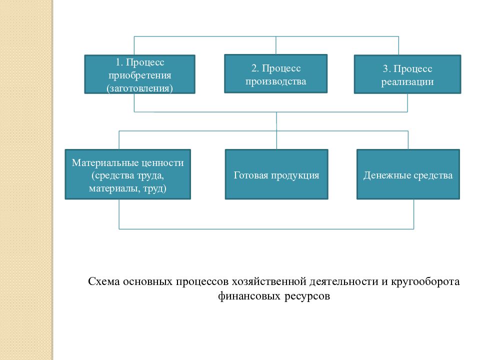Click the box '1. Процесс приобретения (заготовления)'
(x=139, y=74)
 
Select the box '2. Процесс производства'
(x=276, y=74)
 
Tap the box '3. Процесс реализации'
(x=407, y=74)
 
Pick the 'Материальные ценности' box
(x=127, y=174)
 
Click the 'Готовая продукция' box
(x=276, y=174)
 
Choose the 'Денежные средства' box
(x=408, y=174)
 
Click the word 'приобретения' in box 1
(x=139, y=75)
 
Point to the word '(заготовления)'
(x=139, y=88)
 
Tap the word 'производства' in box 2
(x=276, y=81)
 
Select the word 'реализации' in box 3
(x=407, y=82)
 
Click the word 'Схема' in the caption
(x=104, y=281)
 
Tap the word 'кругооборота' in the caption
(x=425, y=281)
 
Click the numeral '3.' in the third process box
(x=386, y=68)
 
